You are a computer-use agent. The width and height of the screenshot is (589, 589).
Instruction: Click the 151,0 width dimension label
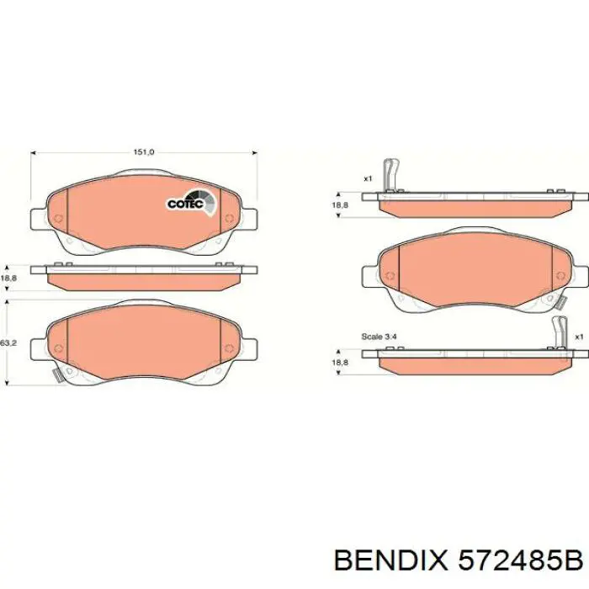click(144, 152)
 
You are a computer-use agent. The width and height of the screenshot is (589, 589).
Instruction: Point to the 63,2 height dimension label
click(8, 343)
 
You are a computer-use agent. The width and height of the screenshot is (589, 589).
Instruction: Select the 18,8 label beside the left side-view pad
click(8, 278)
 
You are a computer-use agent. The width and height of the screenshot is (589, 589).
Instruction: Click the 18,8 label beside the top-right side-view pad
click(339, 204)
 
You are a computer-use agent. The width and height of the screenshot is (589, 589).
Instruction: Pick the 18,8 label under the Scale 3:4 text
click(339, 362)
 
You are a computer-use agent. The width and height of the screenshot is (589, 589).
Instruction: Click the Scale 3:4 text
click(378, 337)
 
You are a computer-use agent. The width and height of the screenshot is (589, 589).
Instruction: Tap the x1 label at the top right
click(368, 178)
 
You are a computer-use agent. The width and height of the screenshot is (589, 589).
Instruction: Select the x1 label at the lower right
click(579, 337)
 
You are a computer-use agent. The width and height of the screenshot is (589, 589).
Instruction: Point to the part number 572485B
click(519, 559)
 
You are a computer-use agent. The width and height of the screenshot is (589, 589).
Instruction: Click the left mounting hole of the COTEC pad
click(57, 220)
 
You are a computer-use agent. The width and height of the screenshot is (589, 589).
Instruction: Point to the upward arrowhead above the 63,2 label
click(8, 301)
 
